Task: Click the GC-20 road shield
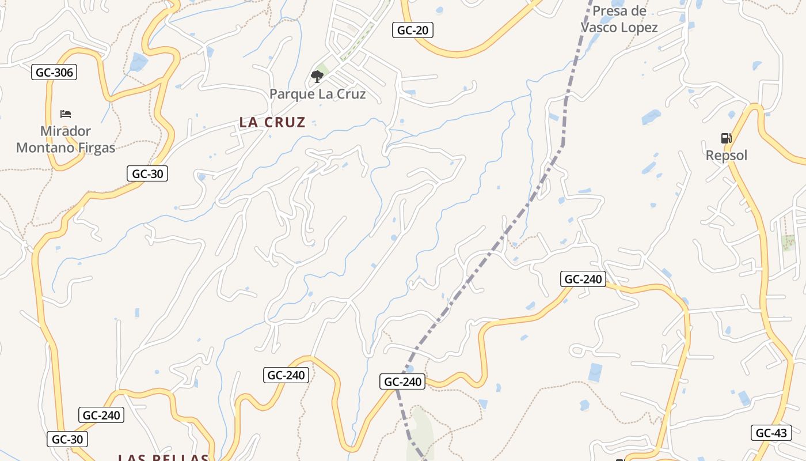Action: pos(413,30)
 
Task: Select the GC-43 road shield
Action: pos(771,433)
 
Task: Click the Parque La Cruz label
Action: pos(318,94)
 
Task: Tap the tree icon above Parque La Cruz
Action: pos(317,76)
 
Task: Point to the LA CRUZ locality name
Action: pos(272,122)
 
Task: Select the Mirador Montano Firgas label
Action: pos(66,139)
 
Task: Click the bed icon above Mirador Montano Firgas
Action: pos(66,114)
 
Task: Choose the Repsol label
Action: pos(727,156)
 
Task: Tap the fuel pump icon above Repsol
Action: pos(726,138)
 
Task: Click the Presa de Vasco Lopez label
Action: pos(619,19)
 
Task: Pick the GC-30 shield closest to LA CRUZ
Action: pos(147,173)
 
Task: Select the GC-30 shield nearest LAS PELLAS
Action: pos(67,439)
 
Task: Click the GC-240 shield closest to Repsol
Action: pos(583,279)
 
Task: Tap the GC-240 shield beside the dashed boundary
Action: pos(403,381)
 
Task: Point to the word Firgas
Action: pos(94,148)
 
